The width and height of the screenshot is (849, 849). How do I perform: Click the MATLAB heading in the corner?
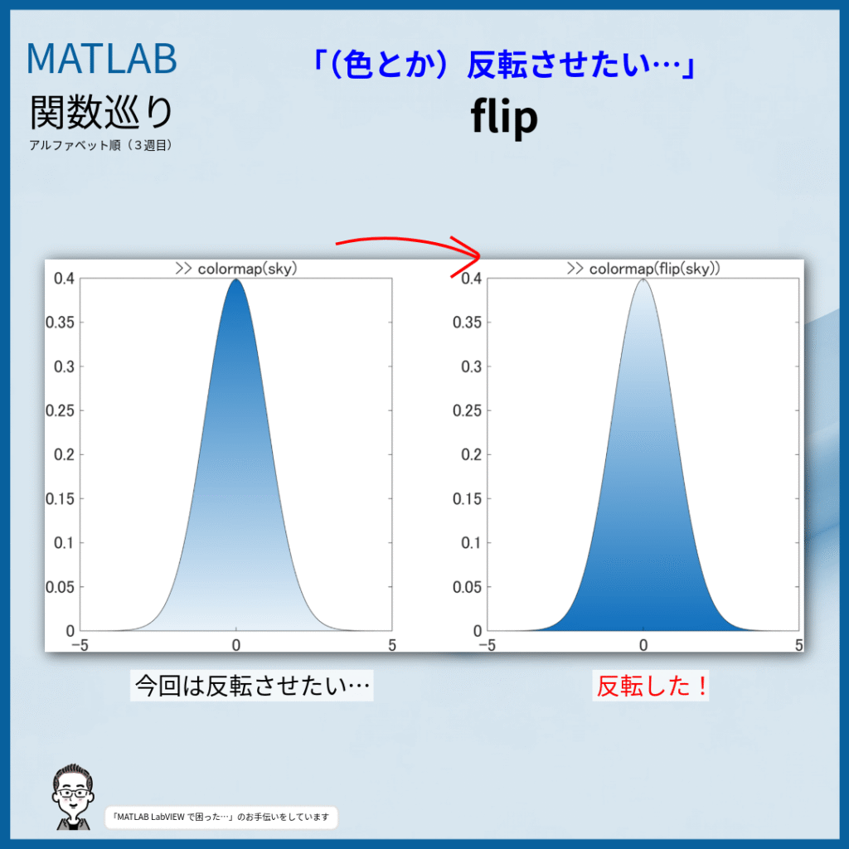tap(101, 58)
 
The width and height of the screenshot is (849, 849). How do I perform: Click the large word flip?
tap(504, 116)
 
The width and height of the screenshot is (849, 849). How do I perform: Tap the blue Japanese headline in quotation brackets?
tap(504, 65)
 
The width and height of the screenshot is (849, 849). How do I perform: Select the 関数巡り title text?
tap(101, 112)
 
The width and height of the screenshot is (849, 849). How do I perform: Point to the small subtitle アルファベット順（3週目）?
tap(101, 145)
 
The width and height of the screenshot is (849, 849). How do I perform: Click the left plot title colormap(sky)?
tap(236, 269)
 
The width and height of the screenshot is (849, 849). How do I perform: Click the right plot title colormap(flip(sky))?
tap(643, 269)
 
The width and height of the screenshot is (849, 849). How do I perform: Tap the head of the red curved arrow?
tap(478, 255)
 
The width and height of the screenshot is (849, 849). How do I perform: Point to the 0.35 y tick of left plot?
tap(60, 323)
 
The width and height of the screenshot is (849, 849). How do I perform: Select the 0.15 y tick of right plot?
tap(467, 498)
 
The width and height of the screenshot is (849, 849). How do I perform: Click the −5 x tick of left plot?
tap(80, 645)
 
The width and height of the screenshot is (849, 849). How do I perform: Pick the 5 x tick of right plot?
tap(798, 645)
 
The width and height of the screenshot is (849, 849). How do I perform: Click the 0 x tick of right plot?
tap(643, 645)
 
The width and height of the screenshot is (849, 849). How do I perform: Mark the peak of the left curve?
tap(236, 279)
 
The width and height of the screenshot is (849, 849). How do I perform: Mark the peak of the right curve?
tap(643, 279)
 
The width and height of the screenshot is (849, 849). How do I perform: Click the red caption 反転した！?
tap(651, 686)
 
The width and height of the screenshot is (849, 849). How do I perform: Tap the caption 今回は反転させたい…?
tap(252, 686)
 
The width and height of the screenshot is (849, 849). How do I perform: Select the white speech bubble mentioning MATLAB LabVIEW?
tap(221, 817)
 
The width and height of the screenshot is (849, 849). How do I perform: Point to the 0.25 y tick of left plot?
tap(60, 410)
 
